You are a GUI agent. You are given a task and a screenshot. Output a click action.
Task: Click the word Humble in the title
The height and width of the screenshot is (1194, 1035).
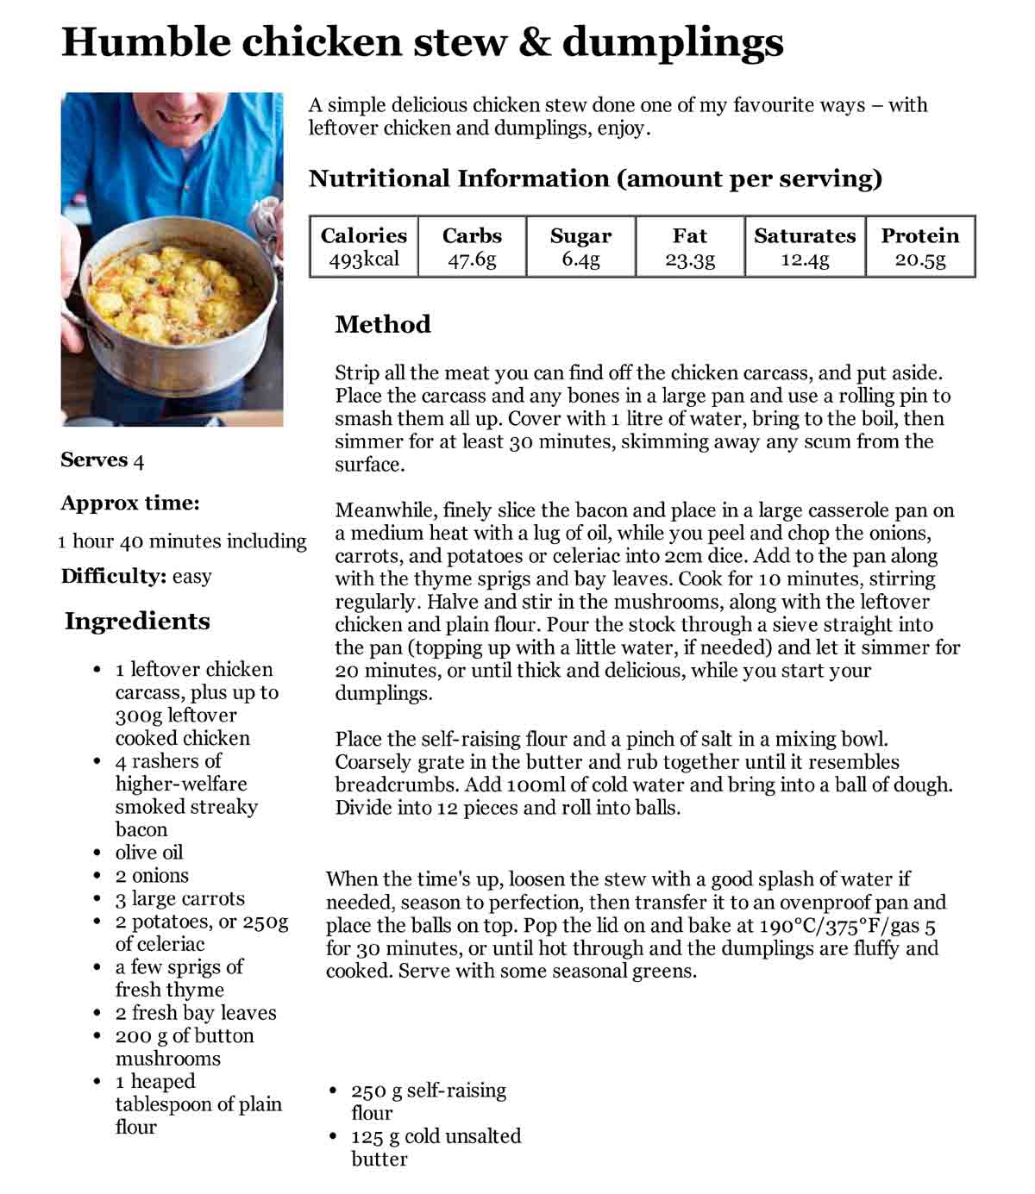point(146,41)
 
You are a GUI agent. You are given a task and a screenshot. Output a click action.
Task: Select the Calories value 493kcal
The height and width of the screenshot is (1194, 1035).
point(364,259)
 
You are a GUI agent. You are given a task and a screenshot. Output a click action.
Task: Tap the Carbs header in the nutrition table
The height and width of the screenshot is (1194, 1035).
point(472,236)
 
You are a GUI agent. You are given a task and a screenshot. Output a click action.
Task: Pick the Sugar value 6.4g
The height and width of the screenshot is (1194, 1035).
point(580,259)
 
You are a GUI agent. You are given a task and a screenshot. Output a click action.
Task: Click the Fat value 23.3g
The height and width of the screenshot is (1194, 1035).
point(690,259)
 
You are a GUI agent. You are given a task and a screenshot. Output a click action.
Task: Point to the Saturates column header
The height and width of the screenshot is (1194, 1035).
point(805,236)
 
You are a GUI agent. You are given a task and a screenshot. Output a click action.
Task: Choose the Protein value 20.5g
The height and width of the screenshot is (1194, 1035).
point(920,259)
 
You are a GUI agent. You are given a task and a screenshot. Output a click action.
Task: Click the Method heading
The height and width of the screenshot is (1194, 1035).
point(382,324)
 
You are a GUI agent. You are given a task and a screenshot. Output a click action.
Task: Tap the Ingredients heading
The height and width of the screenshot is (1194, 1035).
point(137,622)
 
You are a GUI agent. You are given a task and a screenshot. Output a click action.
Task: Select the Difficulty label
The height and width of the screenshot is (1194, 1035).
point(113,576)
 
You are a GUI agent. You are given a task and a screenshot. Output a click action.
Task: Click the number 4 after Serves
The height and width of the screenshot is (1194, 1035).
point(139,460)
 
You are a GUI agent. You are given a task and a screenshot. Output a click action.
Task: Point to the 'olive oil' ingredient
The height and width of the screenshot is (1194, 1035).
point(149,853)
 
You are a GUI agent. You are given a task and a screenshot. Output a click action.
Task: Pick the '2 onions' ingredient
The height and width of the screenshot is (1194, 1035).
point(152,876)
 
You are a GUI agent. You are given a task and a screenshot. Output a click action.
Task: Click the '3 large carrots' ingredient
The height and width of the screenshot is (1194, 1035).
point(180,898)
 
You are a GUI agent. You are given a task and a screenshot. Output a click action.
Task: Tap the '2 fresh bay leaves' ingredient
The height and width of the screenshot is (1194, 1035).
point(196,1013)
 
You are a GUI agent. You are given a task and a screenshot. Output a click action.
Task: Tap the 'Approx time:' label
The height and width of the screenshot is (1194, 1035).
point(129,503)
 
